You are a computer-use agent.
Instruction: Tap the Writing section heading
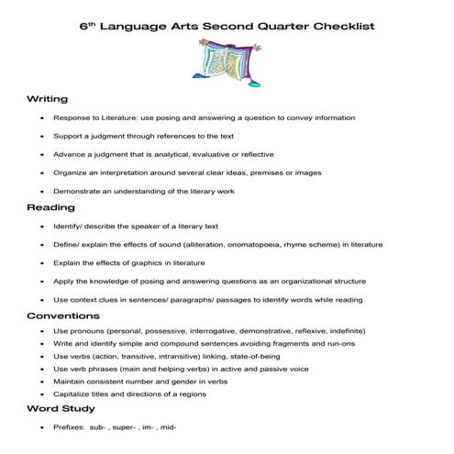pos(46,99)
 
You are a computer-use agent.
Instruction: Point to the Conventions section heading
pos(63,316)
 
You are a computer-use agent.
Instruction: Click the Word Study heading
pos(60,409)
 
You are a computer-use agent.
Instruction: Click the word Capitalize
pos(73,394)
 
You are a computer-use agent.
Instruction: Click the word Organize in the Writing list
pos(72,172)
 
